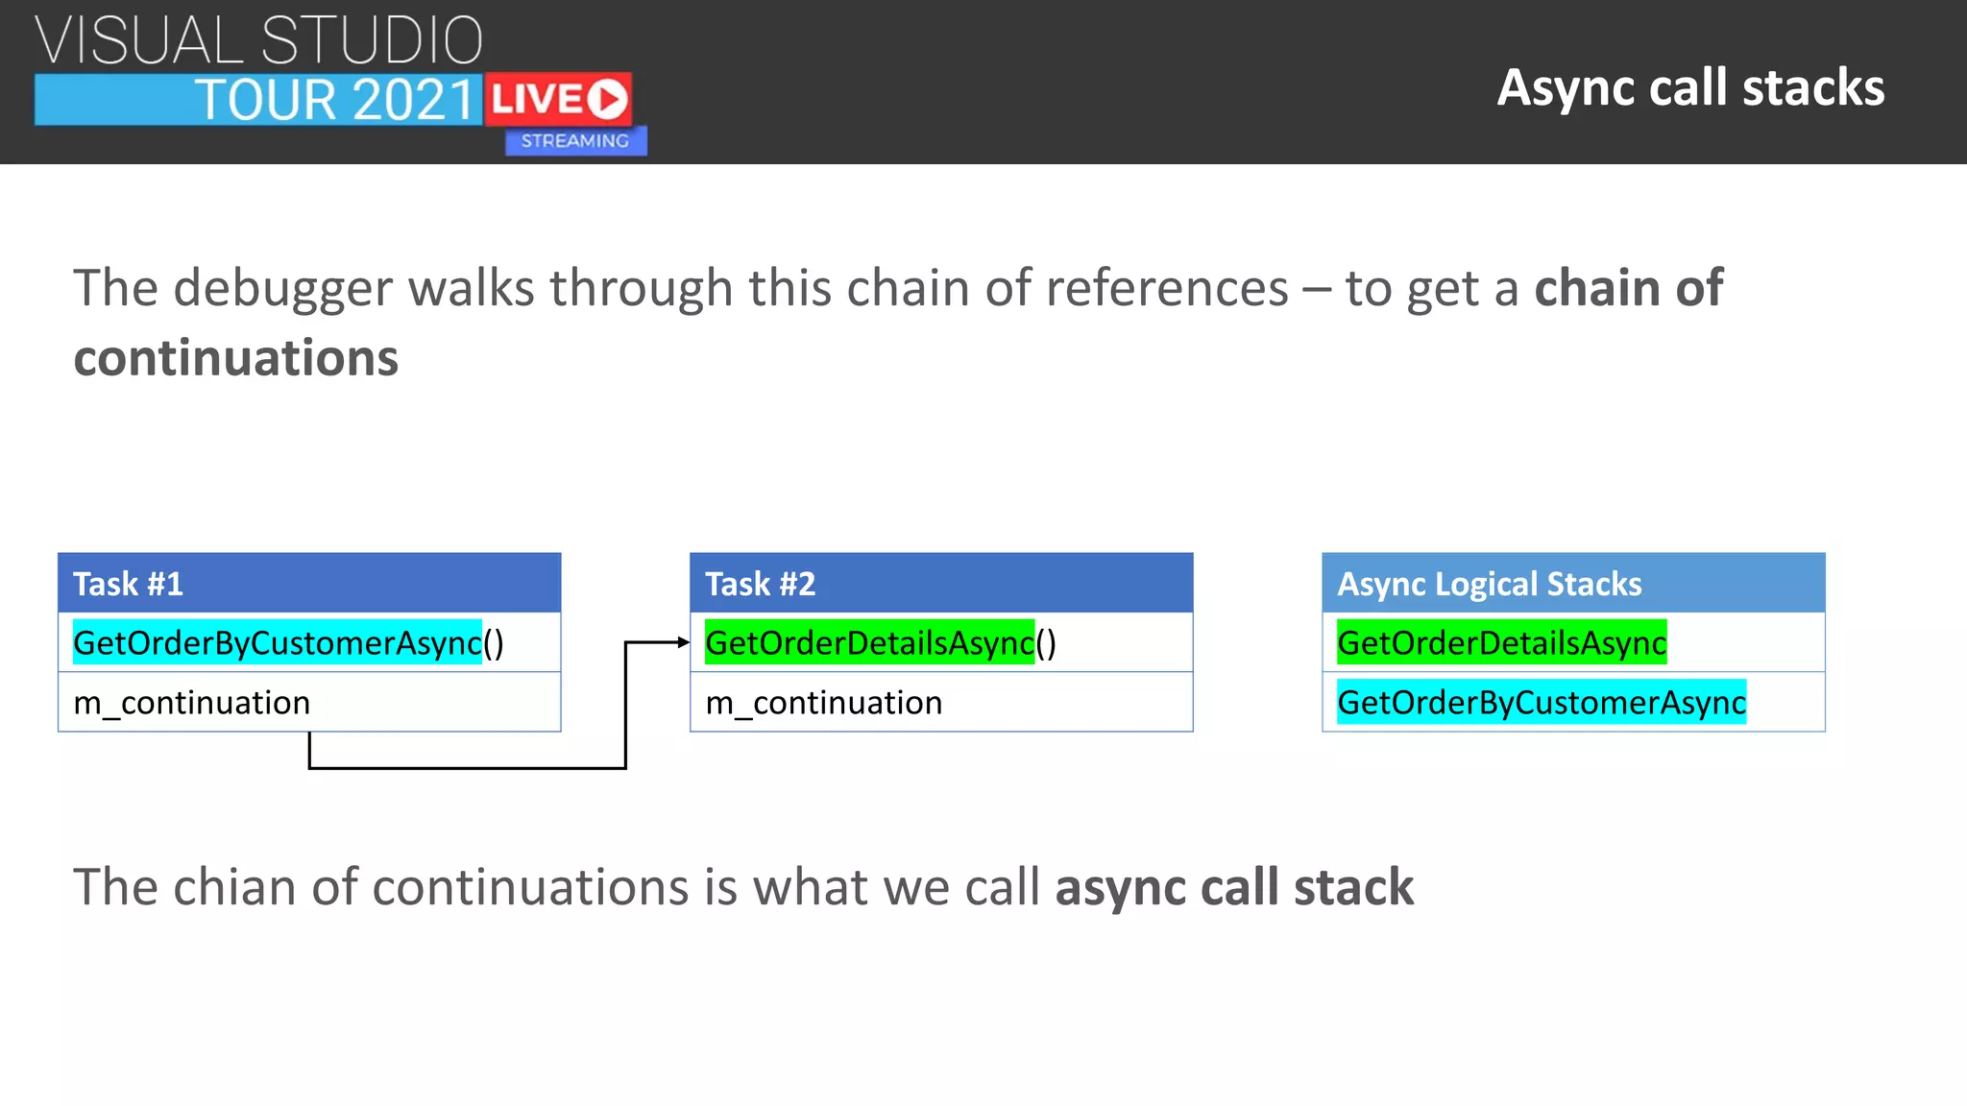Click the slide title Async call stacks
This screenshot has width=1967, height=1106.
click(1690, 87)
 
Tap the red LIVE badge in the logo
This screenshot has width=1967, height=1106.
click(558, 99)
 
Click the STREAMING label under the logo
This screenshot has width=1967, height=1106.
click(575, 141)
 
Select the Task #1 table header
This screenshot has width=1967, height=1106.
click(309, 583)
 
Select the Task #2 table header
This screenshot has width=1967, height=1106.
click(941, 583)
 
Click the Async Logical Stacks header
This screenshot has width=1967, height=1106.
click(1573, 583)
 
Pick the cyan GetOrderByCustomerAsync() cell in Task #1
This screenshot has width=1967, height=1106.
click(288, 643)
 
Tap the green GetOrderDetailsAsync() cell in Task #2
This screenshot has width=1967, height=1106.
click(880, 643)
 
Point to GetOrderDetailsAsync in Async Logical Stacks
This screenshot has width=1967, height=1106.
click(1501, 643)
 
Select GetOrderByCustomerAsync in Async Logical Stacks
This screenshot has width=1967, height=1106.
click(1541, 703)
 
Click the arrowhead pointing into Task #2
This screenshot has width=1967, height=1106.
click(683, 642)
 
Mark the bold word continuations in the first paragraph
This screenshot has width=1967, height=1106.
click(236, 358)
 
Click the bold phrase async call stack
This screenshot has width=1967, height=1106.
click(1234, 886)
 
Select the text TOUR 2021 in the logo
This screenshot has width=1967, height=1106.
click(335, 100)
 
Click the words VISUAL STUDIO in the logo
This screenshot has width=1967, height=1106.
click(259, 40)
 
